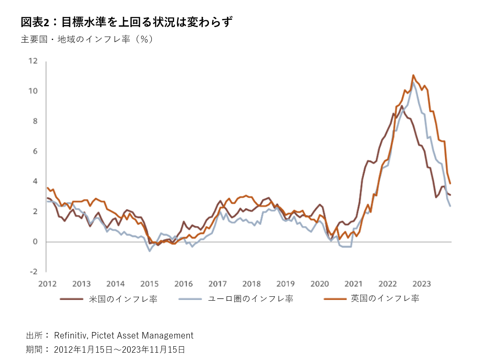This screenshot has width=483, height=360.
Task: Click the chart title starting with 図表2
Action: point(126,22)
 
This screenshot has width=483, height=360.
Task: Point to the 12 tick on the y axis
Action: point(33,61)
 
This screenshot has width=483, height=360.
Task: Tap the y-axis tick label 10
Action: point(33,91)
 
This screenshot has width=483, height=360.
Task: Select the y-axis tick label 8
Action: point(35,121)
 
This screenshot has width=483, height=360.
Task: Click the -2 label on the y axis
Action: point(34,272)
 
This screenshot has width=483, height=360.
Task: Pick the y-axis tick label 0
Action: point(36,242)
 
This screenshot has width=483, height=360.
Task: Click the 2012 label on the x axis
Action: point(47,284)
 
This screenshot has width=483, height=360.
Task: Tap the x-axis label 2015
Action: point(149,284)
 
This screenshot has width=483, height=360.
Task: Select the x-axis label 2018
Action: point(252,284)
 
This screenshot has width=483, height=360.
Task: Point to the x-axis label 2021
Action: point(354,284)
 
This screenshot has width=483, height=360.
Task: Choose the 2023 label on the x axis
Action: point(421,284)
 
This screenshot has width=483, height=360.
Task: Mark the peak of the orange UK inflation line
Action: point(413,75)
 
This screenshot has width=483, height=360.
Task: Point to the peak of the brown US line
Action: point(402,106)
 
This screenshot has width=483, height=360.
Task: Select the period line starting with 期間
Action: point(105,349)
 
